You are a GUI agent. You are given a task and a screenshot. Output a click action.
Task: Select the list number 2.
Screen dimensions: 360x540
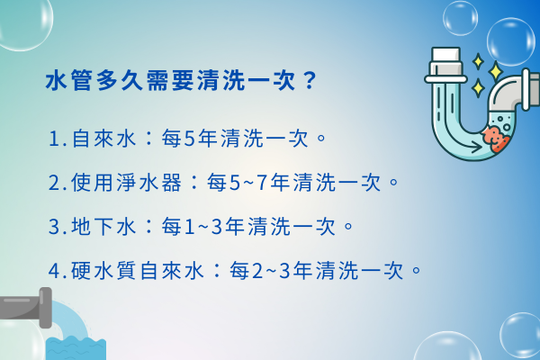click(56, 183)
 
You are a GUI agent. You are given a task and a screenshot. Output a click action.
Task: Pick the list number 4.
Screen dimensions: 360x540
click(56, 269)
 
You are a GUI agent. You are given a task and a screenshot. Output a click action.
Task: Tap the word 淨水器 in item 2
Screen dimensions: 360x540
click(158, 183)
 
